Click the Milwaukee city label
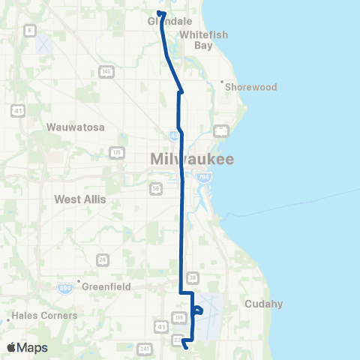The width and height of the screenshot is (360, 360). (193, 159)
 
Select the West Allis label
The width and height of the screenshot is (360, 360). (80, 199)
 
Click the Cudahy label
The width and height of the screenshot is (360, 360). (263, 304)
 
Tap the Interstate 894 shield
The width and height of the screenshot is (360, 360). (66, 288)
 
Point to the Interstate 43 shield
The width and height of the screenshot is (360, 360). (174, 136)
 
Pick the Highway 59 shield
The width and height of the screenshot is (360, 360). (155, 189)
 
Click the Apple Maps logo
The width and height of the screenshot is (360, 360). (27, 348)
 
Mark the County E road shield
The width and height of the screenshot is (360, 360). (30, 29)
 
